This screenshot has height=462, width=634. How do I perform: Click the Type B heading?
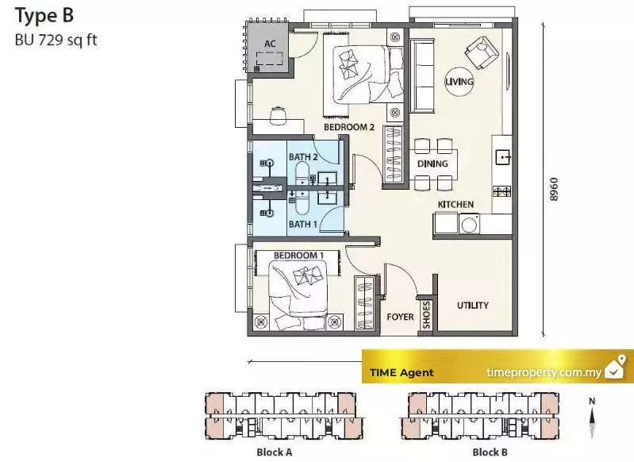point(44,16)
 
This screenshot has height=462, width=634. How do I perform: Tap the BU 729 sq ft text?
point(56,40)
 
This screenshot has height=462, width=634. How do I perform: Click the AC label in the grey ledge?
point(270,44)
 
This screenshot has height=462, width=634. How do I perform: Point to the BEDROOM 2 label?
point(349,127)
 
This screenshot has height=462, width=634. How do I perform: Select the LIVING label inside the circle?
point(459,82)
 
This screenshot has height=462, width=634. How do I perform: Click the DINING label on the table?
point(432,164)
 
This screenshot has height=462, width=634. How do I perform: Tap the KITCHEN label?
point(455,204)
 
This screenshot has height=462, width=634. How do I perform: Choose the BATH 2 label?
point(303,156)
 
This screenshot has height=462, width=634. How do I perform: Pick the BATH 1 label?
point(303,224)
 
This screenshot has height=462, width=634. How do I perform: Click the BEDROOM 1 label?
point(298,256)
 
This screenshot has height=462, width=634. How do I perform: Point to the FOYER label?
point(400,317)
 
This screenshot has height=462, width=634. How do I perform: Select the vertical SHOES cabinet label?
point(426,314)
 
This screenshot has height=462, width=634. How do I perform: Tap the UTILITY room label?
point(473,305)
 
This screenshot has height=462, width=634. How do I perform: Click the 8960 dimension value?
point(554,189)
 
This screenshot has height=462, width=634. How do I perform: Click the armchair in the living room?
point(482,52)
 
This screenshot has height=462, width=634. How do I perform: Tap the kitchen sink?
point(502,156)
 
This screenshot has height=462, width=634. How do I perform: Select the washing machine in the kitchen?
point(469,224)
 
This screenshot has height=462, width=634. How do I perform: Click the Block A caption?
point(274,452)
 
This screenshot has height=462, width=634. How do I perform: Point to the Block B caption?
point(490,452)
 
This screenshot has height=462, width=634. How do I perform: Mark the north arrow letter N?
point(592,401)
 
